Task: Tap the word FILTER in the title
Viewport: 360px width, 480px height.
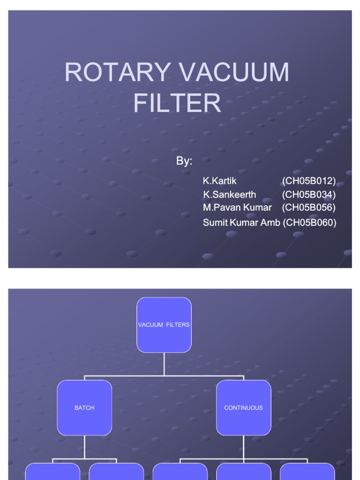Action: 177,103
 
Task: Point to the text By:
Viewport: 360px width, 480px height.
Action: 184,161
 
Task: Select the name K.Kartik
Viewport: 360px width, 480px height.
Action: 220,181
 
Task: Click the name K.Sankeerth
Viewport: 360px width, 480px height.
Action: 229,194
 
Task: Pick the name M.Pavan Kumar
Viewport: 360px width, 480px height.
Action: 237,207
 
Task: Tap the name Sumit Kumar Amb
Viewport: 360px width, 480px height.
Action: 241,223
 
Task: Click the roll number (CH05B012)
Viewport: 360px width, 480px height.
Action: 309,181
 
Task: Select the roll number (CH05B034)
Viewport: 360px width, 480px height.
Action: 309,194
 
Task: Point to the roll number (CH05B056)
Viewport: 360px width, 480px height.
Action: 309,207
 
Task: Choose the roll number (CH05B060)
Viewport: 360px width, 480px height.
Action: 309,223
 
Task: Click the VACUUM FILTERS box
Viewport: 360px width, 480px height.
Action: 164,325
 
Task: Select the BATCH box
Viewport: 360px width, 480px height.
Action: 84,408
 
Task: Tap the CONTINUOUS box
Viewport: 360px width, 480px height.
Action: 244,408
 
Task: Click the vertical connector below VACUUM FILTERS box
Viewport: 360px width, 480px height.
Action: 164,364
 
